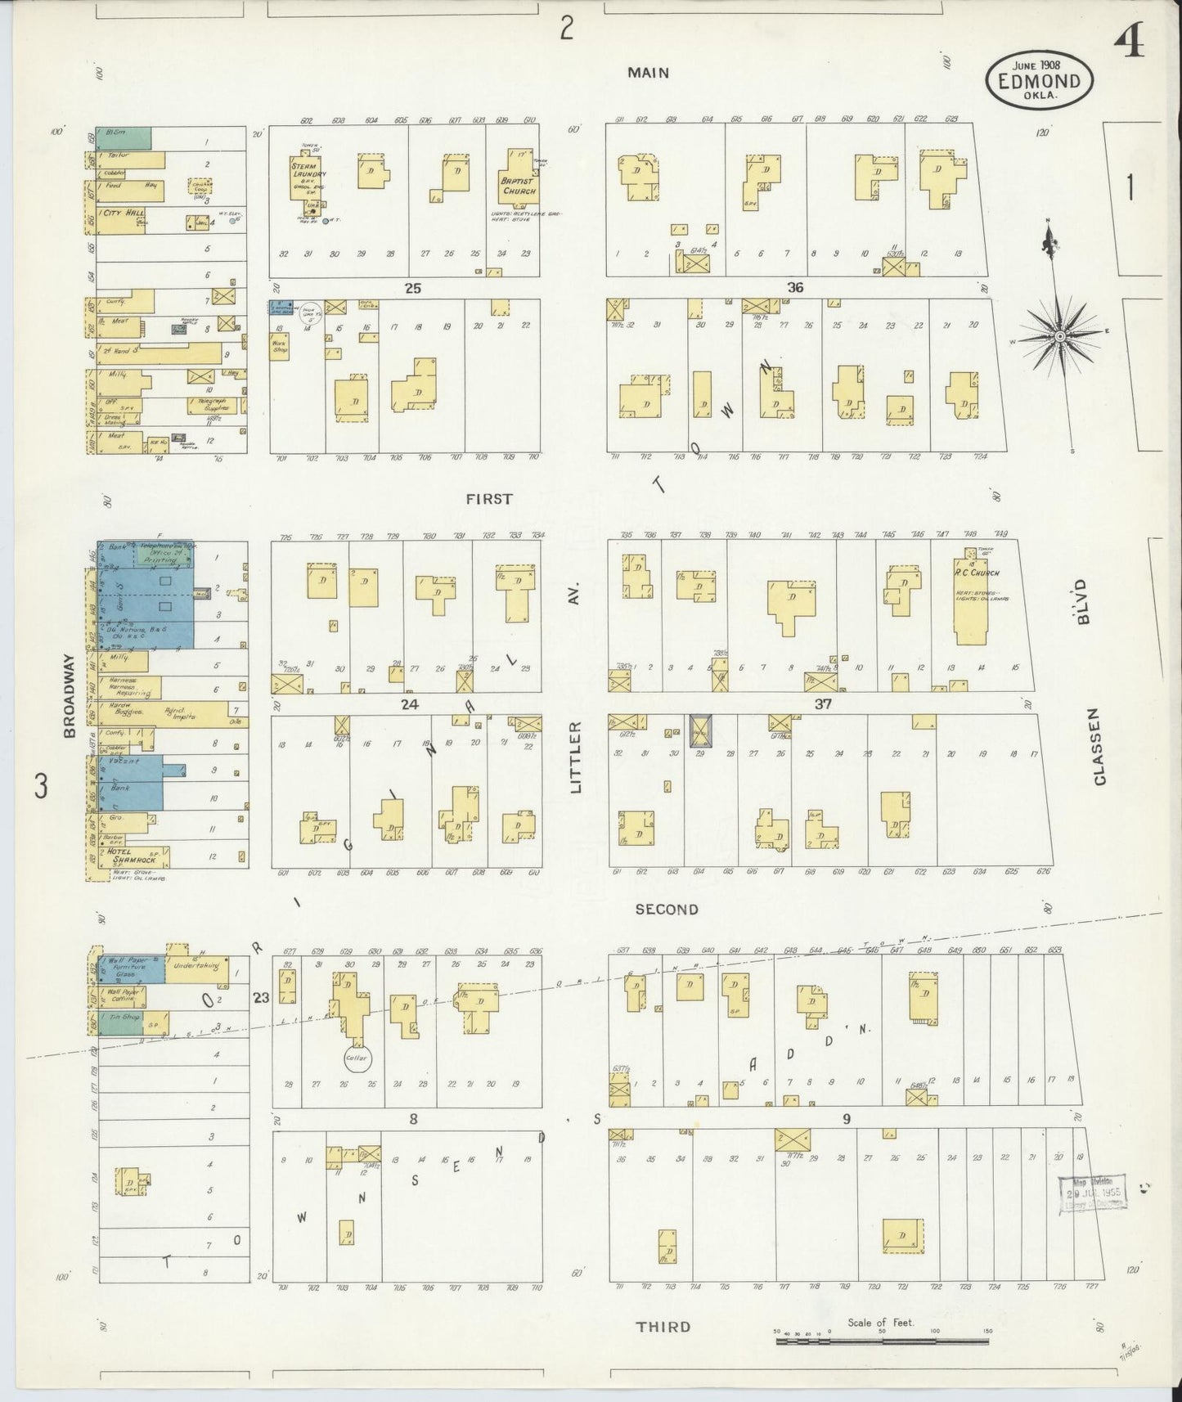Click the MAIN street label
[x=648, y=73]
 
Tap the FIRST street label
[x=490, y=498]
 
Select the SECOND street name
[x=667, y=909]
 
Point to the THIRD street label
[x=663, y=1326]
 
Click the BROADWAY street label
[x=70, y=695]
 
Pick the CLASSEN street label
[x=1099, y=747]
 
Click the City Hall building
[x=122, y=218]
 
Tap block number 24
[x=409, y=703]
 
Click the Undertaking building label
[x=196, y=966]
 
